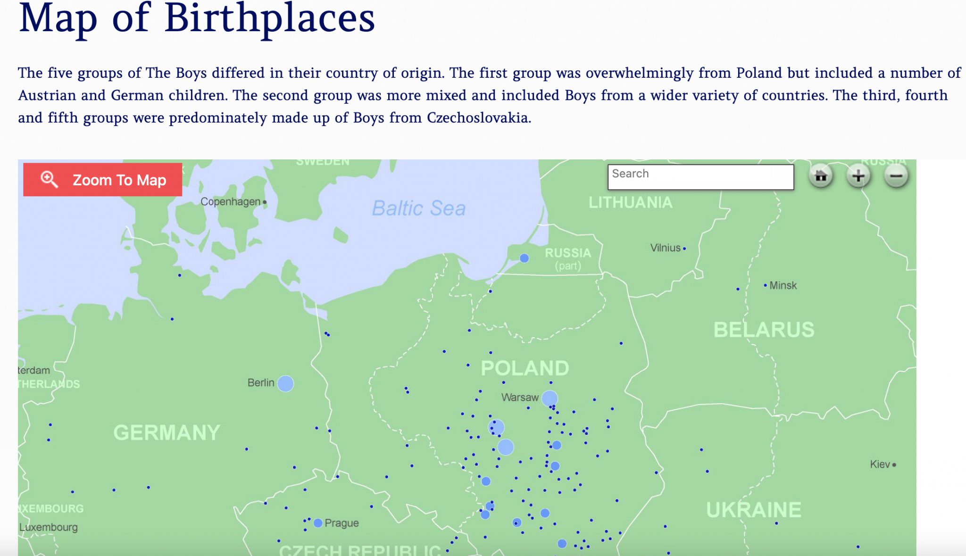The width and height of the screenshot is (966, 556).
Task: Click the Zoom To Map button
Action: (102, 180)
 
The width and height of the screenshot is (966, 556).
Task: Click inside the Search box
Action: (700, 177)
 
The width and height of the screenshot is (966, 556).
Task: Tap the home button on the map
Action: (821, 176)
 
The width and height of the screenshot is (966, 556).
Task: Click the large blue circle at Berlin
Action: (285, 383)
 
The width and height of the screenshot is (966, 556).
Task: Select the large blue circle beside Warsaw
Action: (550, 398)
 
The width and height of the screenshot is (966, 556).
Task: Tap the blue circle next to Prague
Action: (318, 523)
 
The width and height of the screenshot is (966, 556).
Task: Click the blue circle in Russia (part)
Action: (524, 258)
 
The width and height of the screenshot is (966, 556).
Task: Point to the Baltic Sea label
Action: (419, 208)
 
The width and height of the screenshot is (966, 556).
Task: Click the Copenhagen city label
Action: (230, 202)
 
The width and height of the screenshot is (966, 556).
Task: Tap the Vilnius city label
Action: (665, 248)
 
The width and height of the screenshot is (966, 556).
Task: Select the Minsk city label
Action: (783, 285)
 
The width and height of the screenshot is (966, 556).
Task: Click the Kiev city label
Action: (880, 464)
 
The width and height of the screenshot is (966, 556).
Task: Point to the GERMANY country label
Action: (167, 432)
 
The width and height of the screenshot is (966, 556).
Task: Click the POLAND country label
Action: (525, 368)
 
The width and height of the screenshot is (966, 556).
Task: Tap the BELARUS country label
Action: (764, 330)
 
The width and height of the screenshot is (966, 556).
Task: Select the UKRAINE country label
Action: (753, 510)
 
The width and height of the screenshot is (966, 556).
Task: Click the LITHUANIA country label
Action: (630, 202)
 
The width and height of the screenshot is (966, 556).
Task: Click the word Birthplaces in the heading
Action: (269, 19)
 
